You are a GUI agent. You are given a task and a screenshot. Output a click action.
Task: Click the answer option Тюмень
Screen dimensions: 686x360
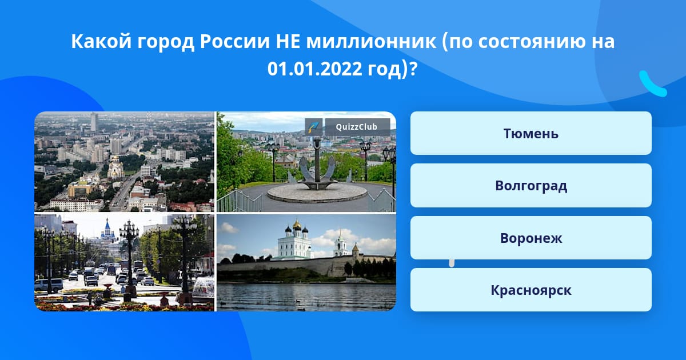click(531, 133)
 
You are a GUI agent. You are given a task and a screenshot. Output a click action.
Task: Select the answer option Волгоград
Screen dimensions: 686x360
click(531, 186)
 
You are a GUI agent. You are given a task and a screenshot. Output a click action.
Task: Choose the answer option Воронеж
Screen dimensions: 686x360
click(531, 238)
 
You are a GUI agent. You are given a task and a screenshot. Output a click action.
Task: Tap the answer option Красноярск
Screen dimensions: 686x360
click(531, 290)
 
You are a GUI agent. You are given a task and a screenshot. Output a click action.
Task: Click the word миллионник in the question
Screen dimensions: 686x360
click(371, 41)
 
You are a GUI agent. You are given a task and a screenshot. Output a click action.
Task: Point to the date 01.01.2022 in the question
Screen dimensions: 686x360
click(314, 69)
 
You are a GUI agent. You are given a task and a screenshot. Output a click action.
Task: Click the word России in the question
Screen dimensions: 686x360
click(234, 41)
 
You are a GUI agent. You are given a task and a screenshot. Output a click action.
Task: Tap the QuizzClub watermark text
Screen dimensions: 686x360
click(357, 127)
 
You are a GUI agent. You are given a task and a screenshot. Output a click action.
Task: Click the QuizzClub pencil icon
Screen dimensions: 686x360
click(313, 127)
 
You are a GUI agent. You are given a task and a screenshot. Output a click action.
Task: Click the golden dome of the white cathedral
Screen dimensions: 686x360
click(296, 224)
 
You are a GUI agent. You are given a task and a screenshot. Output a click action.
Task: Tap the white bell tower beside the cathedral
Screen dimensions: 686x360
click(340, 243)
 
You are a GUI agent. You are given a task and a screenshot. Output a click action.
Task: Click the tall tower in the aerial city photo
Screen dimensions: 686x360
click(94, 122)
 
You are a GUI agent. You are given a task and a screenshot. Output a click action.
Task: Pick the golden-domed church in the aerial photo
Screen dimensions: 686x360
click(115, 167)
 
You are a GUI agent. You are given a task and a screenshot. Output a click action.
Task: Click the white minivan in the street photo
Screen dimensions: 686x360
click(49, 285)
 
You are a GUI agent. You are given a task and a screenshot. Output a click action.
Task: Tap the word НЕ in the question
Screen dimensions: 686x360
click(288, 41)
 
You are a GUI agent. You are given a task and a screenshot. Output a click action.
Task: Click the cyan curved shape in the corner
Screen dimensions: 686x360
click(653, 84)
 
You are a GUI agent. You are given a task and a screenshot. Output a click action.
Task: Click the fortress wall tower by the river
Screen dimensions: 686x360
click(356, 251)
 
